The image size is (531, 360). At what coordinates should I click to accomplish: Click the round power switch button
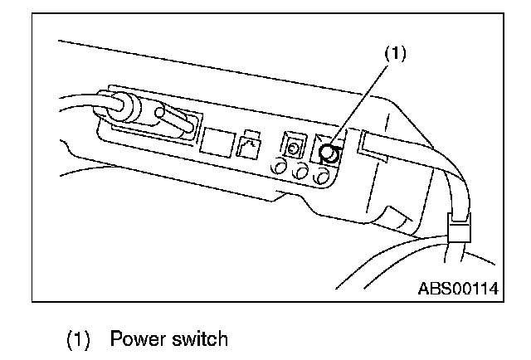point(329,153)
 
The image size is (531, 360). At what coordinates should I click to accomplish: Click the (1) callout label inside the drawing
point(394,54)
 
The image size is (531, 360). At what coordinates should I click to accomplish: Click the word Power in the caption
point(139,338)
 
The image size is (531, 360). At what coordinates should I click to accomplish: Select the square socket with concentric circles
point(293,148)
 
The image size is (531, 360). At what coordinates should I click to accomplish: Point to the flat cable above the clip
point(452,187)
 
